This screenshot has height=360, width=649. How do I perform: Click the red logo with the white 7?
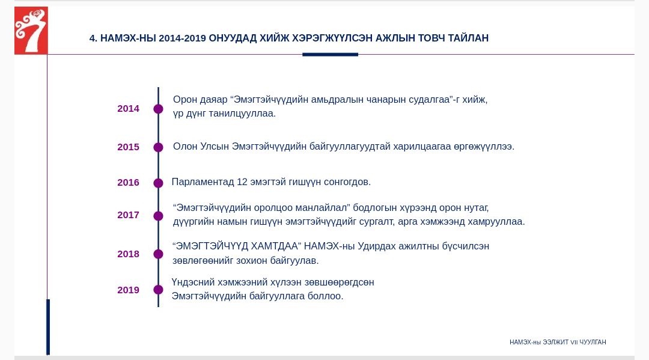pyautogui.click(x=31, y=31)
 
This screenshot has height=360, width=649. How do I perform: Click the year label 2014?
pyautogui.click(x=129, y=109)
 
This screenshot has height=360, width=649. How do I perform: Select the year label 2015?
pyautogui.click(x=129, y=147)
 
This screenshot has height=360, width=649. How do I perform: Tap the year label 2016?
pyautogui.click(x=129, y=183)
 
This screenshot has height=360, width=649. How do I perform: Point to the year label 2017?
pyautogui.click(x=129, y=215)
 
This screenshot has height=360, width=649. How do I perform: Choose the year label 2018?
pyautogui.click(x=129, y=254)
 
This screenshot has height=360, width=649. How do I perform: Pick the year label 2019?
pyautogui.click(x=129, y=290)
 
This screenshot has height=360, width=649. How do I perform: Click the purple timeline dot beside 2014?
pyautogui.click(x=158, y=109)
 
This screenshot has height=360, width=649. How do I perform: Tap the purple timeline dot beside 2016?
pyautogui.click(x=158, y=183)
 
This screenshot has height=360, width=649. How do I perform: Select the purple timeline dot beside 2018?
pyautogui.click(x=158, y=254)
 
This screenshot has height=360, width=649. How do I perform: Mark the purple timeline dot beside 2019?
pyautogui.click(x=158, y=290)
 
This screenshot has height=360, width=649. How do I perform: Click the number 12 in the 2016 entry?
pyautogui.click(x=242, y=182)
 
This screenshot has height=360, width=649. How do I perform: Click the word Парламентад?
pyautogui.click(x=203, y=182)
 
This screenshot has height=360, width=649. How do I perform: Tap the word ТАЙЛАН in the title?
pyautogui.click(x=469, y=38)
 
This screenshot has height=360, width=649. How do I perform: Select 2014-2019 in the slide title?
pyautogui.click(x=182, y=38)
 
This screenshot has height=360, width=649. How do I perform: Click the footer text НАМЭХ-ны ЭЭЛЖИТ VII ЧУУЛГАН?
pyautogui.click(x=558, y=342)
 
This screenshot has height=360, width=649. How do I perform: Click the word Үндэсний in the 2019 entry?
pyautogui.click(x=193, y=282)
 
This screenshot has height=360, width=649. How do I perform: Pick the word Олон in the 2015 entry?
pyautogui.click(x=185, y=147)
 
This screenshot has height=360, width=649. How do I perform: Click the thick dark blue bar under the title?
pyautogui.click(x=331, y=54)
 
